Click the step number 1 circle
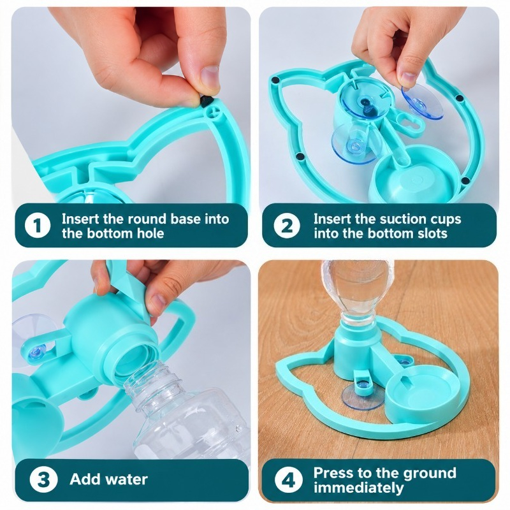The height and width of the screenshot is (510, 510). (38, 226)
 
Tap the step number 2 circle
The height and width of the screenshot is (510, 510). (286, 226)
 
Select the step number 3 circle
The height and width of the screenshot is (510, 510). (43, 479)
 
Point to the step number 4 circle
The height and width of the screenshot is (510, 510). (288, 479)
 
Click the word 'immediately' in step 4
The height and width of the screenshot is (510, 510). (359, 488)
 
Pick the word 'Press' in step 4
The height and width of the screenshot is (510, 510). (332, 472)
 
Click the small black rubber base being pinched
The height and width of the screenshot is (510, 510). (205, 101)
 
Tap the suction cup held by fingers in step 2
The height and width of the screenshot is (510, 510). (422, 101)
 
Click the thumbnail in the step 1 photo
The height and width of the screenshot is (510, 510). (210, 76)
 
